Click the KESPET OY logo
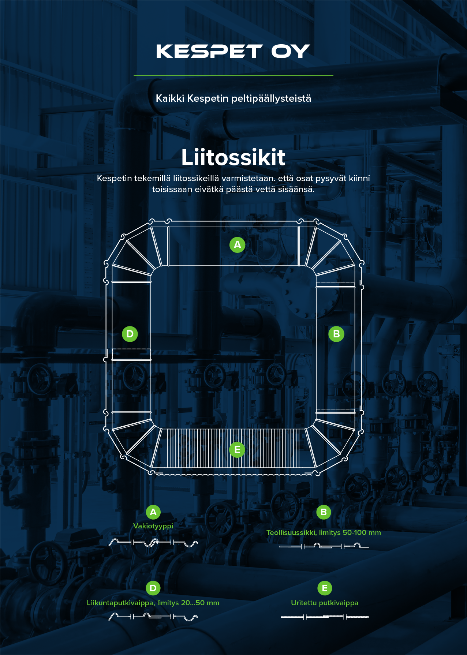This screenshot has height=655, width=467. point(233,52)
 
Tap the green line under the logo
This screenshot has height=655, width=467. point(233,75)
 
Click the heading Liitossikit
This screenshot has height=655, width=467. point(233,157)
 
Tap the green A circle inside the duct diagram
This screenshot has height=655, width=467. point(237,244)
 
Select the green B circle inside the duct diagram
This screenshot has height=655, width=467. point(336,334)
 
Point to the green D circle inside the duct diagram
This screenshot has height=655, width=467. point(130,334)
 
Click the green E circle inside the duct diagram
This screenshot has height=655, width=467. point(237,449)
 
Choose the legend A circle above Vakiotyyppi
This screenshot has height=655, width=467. point(153,512)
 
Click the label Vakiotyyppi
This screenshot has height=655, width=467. point(153,526)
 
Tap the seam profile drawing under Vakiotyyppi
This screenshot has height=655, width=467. point(153,543)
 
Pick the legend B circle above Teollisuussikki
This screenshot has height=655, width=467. point(324,512)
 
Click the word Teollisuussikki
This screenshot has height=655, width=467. point(291,532)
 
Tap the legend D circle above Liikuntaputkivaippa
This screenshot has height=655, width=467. point(153,588)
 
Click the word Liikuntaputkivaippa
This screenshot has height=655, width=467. point(120,603)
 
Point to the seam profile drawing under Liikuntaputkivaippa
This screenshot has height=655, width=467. point(153,617)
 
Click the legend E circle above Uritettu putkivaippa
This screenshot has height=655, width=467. point(325,588)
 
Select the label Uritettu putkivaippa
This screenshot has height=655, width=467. point(325,603)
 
